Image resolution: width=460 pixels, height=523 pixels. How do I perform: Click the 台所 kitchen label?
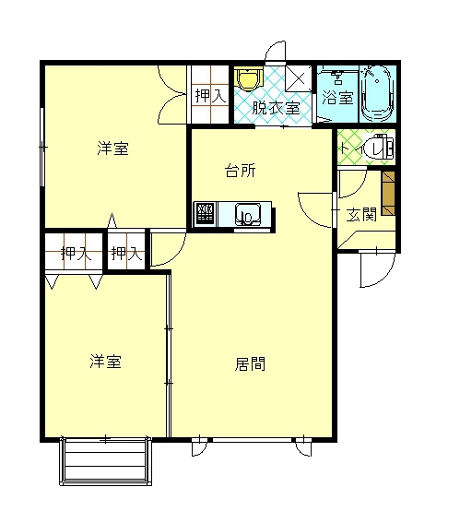click(242, 171)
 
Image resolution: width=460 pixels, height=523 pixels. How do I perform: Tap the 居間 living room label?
click(250, 363)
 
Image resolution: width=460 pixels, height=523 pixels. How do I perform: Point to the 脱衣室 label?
click(277, 107)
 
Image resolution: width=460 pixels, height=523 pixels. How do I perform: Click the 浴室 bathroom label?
click(336, 98)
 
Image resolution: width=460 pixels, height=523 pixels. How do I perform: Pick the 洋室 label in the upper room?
click(112, 149)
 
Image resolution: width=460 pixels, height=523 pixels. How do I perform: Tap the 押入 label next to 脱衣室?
click(208, 94)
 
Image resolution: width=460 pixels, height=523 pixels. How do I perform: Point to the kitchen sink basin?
click(250, 216)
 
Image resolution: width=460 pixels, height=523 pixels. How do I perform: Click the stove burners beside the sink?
click(205, 215)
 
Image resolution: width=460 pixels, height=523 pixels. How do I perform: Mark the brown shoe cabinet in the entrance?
click(389, 191)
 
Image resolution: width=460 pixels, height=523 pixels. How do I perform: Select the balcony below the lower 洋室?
click(105, 460)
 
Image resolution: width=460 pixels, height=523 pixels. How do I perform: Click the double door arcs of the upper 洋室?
click(172, 94)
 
